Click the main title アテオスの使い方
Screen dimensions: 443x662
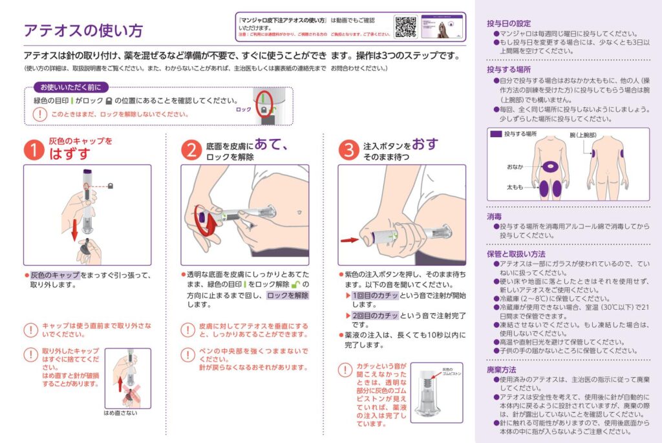pos(82,30)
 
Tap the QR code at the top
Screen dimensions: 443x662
pos(406,27)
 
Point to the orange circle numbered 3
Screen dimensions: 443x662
pos(348,149)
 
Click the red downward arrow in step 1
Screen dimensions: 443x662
pos(75,228)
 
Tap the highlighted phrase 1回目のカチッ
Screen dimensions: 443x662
pos(374,295)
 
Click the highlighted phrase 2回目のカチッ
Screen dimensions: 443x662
pos(374,315)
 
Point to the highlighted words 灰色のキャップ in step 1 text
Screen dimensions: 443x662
pos(55,275)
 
